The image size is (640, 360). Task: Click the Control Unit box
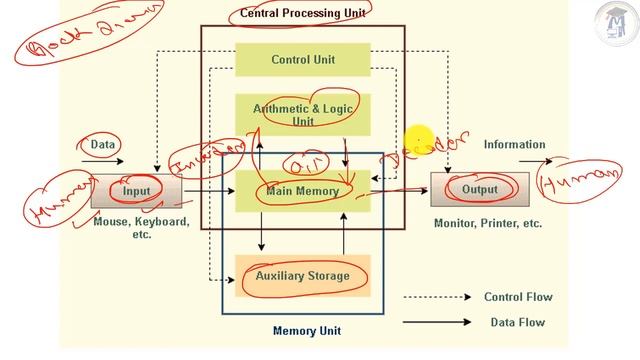coord(303,60)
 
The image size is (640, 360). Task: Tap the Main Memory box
coord(303,190)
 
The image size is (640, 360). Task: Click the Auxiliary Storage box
coord(303,275)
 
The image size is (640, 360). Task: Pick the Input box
coord(136,190)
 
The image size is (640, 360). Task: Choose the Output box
coord(479,189)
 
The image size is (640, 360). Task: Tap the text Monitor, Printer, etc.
coord(488,224)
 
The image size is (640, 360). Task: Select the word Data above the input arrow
coord(103,145)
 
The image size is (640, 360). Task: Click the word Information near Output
coord(514,144)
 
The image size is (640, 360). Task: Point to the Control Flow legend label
coord(518,297)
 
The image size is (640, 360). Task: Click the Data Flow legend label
coord(518,322)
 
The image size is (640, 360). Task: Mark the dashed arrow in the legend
coord(438,297)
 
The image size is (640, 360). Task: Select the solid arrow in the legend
coord(438,322)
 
